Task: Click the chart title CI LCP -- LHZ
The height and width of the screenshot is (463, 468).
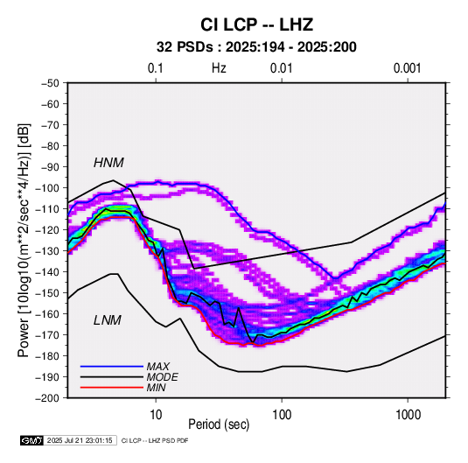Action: [256, 25]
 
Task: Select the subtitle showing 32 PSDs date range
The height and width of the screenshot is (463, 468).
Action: [256, 47]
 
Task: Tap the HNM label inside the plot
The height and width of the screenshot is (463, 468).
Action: [108, 163]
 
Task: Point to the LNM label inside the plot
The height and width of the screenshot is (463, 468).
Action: [108, 320]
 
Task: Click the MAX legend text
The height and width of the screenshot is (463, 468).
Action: [157, 366]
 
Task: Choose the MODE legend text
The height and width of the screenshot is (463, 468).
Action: [162, 377]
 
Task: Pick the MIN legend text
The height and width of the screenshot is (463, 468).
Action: [156, 388]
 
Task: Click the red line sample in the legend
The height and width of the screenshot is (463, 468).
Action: [112, 388]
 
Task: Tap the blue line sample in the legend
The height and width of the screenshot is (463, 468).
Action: [112, 366]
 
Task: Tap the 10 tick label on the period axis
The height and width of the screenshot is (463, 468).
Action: [156, 415]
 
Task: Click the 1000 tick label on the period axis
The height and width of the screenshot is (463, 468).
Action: [408, 415]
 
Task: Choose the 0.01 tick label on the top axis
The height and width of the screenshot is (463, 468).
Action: [282, 68]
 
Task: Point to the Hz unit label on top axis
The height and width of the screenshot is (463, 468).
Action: [219, 68]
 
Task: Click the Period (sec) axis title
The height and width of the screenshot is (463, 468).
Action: [219, 424]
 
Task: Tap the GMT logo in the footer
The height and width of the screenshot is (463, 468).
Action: [32, 440]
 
